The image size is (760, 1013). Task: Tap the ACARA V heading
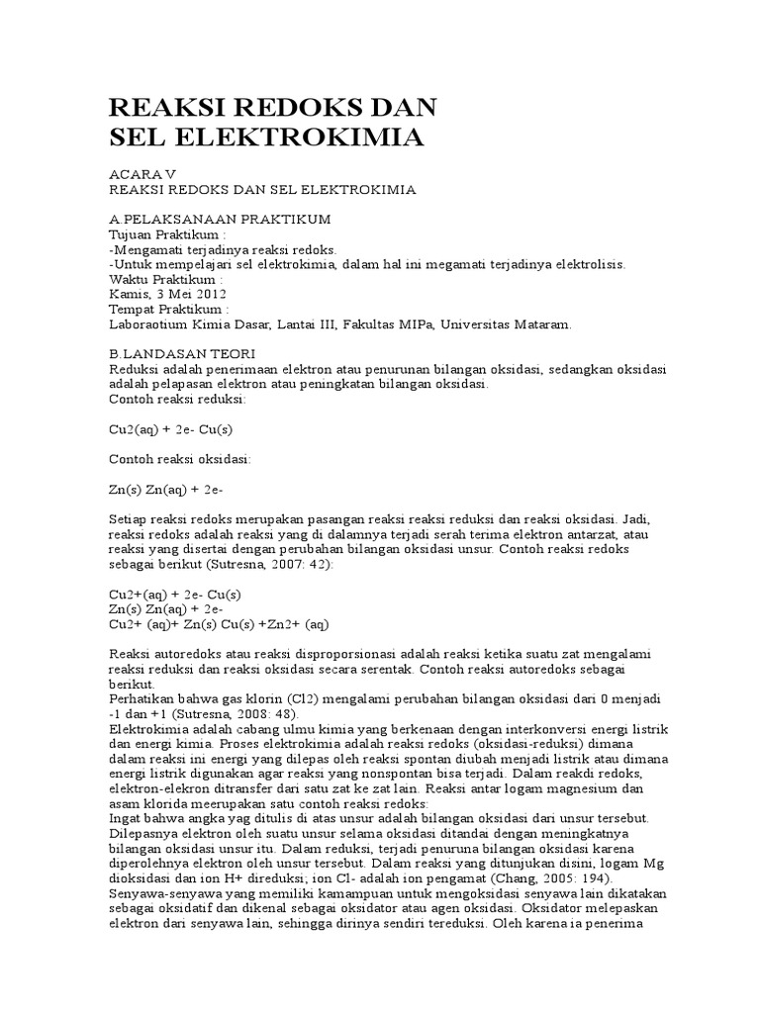141,172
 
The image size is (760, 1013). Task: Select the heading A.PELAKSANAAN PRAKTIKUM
219,218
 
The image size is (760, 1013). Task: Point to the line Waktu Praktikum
166,279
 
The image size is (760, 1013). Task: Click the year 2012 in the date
210,294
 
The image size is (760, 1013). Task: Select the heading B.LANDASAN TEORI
182,354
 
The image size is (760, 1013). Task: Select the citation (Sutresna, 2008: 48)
238,714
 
